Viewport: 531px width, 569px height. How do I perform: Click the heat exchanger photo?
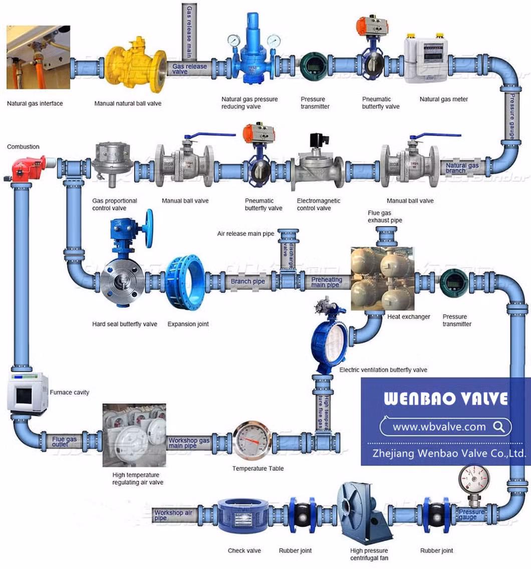pyautogui.click(x=382, y=278)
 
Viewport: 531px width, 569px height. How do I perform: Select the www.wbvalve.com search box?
pyautogui.click(x=445, y=427)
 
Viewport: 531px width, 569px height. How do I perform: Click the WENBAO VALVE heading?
pyautogui.click(x=445, y=399)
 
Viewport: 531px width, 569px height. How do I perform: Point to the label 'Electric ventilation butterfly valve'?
pyautogui.click(x=383, y=370)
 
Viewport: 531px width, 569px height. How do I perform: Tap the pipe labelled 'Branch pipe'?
pyautogui.click(x=248, y=281)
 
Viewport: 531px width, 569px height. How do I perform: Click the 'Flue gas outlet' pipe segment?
pyautogui.click(x=65, y=441)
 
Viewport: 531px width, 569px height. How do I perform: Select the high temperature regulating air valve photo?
pyautogui.click(x=134, y=435)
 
